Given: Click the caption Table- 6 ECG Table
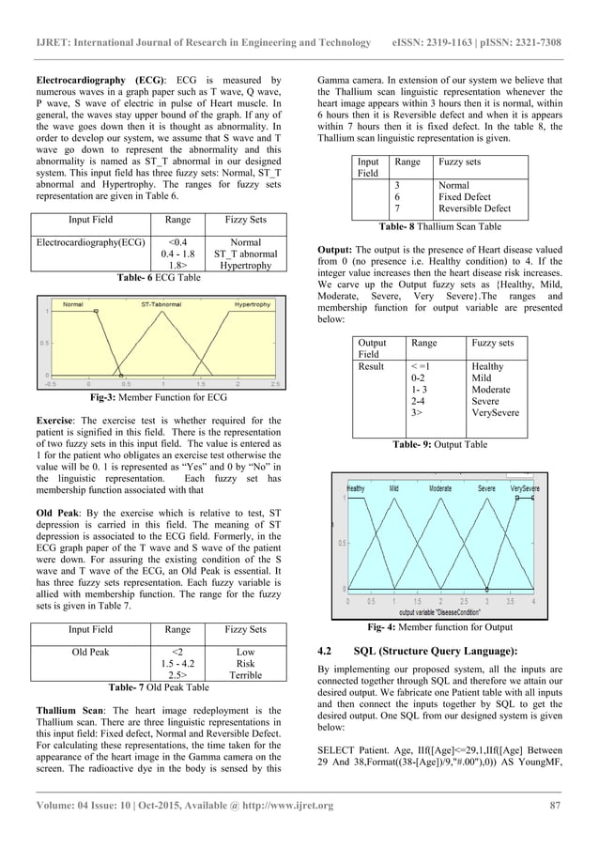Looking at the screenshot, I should [157, 278].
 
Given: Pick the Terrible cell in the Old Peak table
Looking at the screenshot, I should [238, 674].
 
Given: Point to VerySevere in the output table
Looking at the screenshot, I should [498, 412].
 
